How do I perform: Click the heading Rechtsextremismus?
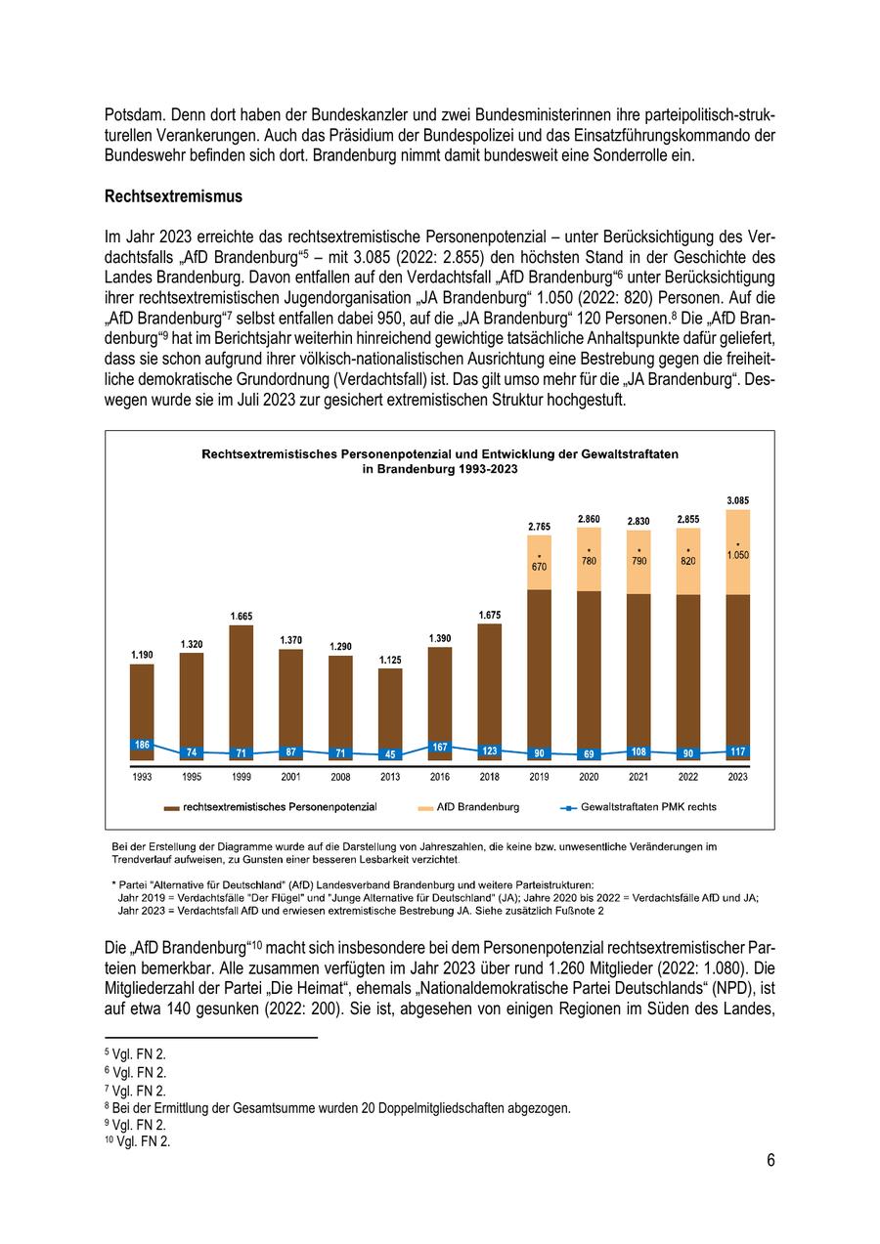pos(173,196)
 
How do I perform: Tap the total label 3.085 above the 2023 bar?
pos(738,500)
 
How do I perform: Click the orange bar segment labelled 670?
pos(539,562)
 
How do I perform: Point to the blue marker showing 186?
pos(142,745)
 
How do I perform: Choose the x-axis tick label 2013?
pos(390,777)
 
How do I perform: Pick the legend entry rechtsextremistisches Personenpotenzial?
pos(279,807)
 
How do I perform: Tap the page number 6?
pos(770,1161)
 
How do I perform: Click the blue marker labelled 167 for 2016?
pos(440,748)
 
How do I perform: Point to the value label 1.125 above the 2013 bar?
pos(390,661)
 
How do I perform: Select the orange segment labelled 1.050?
pos(738,552)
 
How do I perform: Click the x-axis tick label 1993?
pos(142,777)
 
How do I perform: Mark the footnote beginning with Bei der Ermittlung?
pos(341,1108)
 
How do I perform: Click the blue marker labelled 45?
pos(390,754)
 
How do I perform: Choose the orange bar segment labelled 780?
pos(589,559)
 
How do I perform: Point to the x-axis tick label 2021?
pos(638,777)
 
